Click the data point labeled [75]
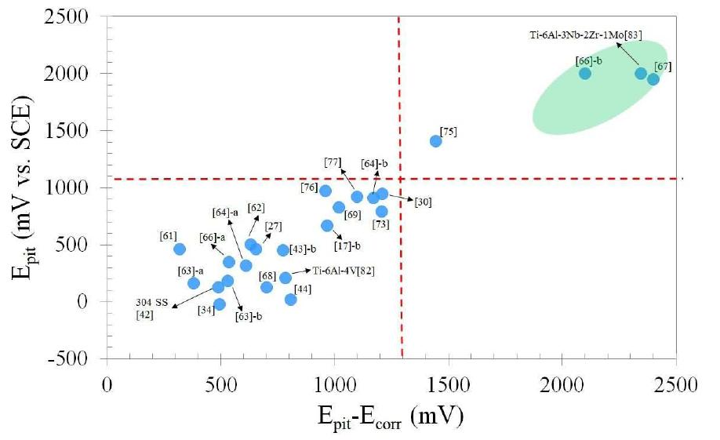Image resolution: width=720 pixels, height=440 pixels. [436, 141]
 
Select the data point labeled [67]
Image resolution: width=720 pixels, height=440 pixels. [653, 79]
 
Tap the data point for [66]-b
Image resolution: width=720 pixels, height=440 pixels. [584, 74]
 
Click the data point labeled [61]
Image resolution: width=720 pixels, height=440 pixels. [180, 249]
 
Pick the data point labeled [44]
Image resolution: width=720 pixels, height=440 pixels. [291, 300]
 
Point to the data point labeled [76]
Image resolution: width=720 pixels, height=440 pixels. [325, 191]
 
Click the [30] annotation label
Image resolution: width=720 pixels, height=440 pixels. [423, 202]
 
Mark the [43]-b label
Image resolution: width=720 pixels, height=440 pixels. [303, 249]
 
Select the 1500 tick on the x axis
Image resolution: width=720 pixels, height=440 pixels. [448, 385]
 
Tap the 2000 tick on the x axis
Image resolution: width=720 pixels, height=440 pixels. [562, 385]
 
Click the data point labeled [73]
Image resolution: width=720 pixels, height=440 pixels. [382, 211]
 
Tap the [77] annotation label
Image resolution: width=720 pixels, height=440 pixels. [332, 162]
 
